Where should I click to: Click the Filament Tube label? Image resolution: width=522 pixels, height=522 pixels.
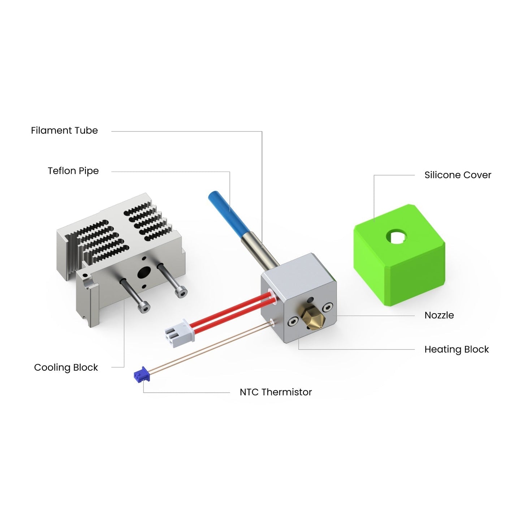coord(64,130)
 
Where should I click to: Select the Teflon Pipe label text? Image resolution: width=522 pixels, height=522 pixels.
coord(73,171)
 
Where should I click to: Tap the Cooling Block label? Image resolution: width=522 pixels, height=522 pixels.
coord(66,367)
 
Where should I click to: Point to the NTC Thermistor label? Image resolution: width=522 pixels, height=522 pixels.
coord(276,392)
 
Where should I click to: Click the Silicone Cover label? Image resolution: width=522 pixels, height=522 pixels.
coord(458,175)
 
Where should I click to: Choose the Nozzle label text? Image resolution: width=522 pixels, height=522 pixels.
coord(439,315)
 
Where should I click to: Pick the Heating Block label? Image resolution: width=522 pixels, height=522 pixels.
coord(456,349)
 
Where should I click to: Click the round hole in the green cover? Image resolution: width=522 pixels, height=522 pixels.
coord(397,237)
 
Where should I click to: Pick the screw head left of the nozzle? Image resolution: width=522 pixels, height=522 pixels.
coord(292,321)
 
